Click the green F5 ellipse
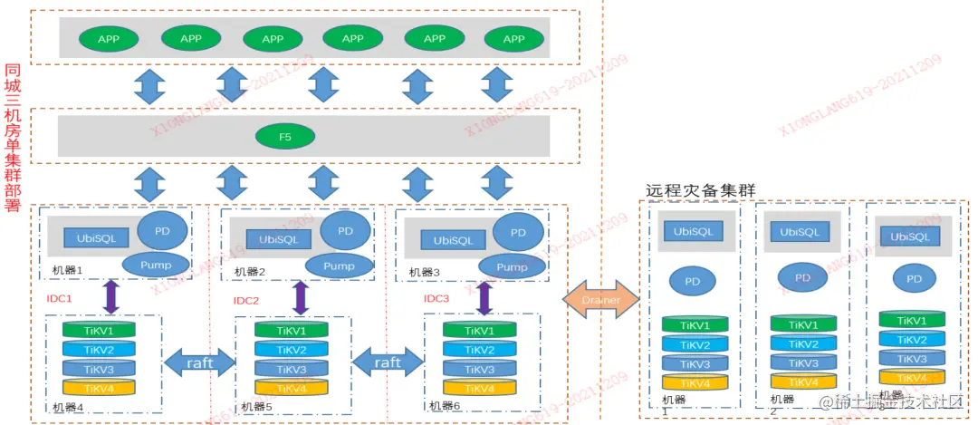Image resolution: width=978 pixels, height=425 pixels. coord(285,137)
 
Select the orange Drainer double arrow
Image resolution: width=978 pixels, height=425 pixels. coord(601,299)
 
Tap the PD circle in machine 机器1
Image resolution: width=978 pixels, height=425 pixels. coord(162,229)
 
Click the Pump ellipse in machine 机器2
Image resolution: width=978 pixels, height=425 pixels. coord(340,266)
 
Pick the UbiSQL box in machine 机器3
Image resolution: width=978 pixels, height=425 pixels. coord(454,240)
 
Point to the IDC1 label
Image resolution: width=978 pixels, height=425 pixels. coord(59,297)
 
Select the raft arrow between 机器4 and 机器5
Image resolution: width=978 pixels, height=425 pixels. coord(200,362)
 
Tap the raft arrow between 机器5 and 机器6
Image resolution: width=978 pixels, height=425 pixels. coord(388,362)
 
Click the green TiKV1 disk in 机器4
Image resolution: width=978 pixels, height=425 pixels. coord(99,331)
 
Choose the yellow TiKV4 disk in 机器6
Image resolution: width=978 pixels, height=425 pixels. coord(478,388)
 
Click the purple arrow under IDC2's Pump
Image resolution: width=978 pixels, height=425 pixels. coord(300,297)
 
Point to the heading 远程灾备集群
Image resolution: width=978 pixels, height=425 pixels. coord(700,190)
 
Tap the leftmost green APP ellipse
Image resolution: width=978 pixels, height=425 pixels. coord(110,39)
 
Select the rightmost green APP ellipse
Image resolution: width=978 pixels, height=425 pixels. coord(513,39)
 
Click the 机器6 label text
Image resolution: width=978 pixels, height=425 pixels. coord(446,406)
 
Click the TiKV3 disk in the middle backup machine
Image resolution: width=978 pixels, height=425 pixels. coord(803,362)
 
